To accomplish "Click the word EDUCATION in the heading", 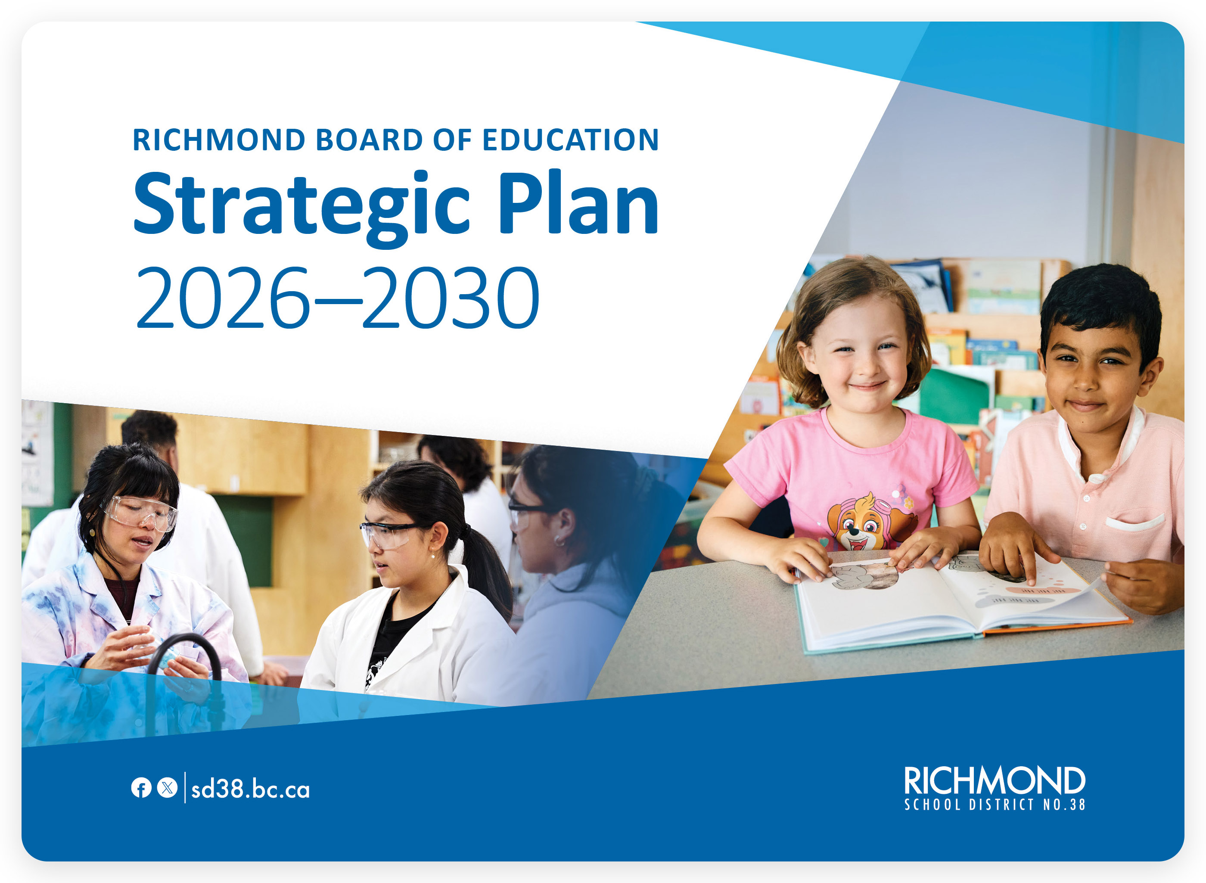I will click(570, 140).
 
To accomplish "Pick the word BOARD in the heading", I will click(369, 140).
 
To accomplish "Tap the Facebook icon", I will click(141, 788).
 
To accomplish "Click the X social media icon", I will click(167, 788).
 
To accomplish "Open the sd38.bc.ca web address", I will click(250, 790).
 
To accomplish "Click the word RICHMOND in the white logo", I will click(994, 781).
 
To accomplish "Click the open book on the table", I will click(957, 599).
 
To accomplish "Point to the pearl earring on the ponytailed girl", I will click(432, 556).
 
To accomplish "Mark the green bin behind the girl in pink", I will click(954, 395).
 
